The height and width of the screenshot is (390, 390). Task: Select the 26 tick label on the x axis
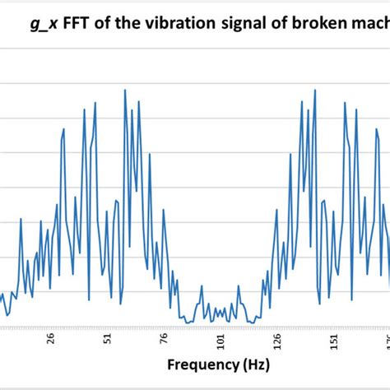coord(51,337)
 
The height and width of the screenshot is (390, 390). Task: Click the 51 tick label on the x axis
coord(107,337)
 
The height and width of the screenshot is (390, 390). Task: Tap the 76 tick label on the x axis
coord(164,337)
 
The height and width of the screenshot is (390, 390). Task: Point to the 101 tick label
coord(221,337)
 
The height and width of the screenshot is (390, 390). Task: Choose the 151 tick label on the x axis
coord(333,337)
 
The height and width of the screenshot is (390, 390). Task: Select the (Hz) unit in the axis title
coord(254,363)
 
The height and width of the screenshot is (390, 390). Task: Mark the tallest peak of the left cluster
coord(125,91)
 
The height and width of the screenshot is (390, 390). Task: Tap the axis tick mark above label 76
coord(164,327)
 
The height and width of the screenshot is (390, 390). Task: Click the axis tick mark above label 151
coord(333,327)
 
